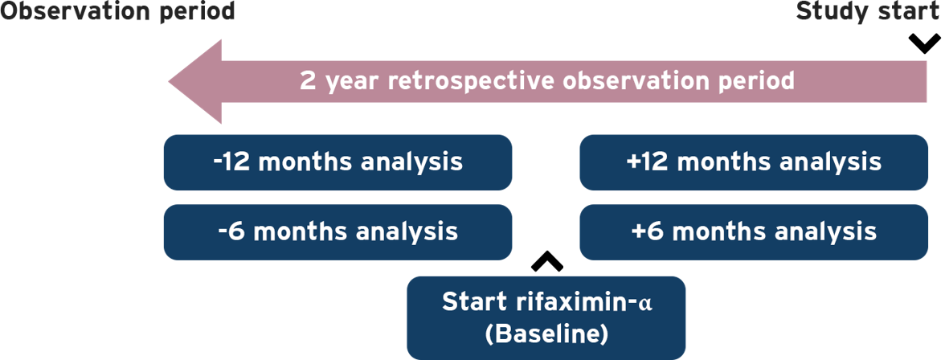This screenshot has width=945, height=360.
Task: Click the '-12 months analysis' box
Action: pyautogui.click(x=337, y=162)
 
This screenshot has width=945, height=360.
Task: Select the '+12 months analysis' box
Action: pyautogui.click(x=754, y=162)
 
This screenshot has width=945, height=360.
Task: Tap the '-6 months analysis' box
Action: pyautogui.click(x=337, y=232)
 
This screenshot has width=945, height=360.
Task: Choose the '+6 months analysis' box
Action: pyautogui.click(x=754, y=232)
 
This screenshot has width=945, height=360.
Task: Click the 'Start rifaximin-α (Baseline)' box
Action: pyautogui.click(x=546, y=317)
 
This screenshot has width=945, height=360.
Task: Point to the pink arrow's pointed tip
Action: pyautogui.click(x=170, y=81)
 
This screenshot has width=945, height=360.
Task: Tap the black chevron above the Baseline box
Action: pyautogui.click(x=547, y=262)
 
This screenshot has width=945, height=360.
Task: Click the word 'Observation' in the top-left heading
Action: pyautogui.click(x=76, y=11)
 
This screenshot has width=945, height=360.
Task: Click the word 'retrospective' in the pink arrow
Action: pyautogui.click(x=472, y=81)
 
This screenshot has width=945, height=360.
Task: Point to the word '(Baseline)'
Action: pyautogui.click(x=546, y=334)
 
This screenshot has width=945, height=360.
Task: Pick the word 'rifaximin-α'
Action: pyautogui.click(x=585, y=301)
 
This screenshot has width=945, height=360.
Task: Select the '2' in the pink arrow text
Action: pyautogui.click(x=307, y=81)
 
